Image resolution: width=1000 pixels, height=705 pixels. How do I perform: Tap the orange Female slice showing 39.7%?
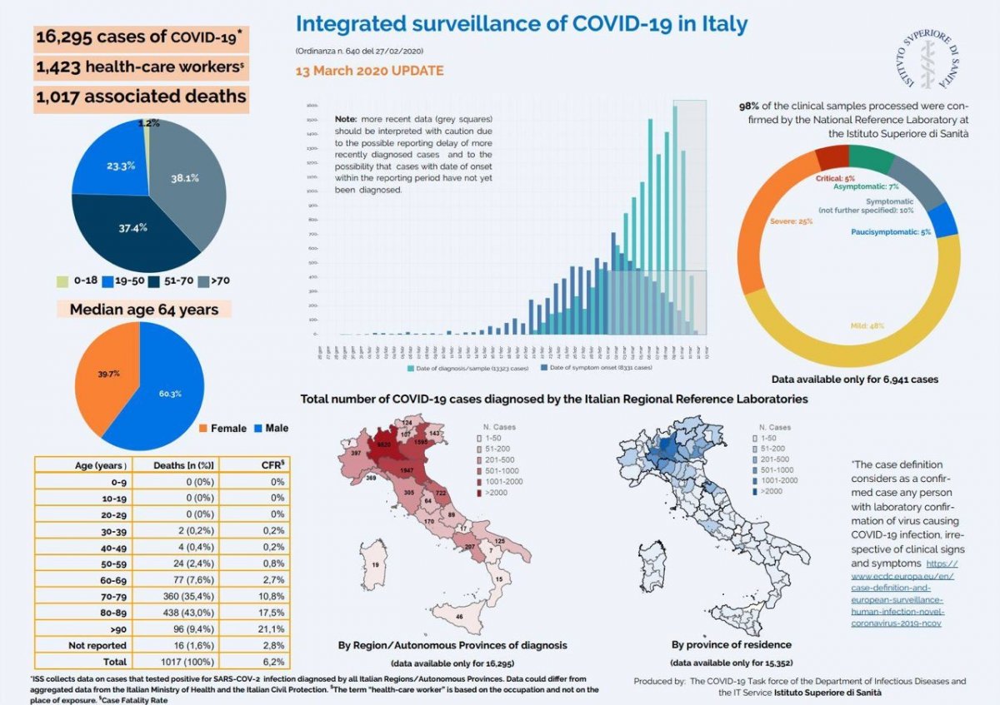pos(107,375)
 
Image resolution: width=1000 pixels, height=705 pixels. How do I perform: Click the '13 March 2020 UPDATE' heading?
pos(369,72)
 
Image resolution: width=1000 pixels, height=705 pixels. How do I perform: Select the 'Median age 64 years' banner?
pos(143,310)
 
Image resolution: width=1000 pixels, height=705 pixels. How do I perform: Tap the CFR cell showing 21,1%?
pos(272,628)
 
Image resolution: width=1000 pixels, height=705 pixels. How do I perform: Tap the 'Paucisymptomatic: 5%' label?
pos(891,232)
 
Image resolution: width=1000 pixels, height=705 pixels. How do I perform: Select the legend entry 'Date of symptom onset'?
pos(596,367)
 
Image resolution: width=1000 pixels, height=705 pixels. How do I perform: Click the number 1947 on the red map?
pos(407,471)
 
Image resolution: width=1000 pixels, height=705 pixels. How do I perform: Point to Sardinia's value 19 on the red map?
pos(376,565)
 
